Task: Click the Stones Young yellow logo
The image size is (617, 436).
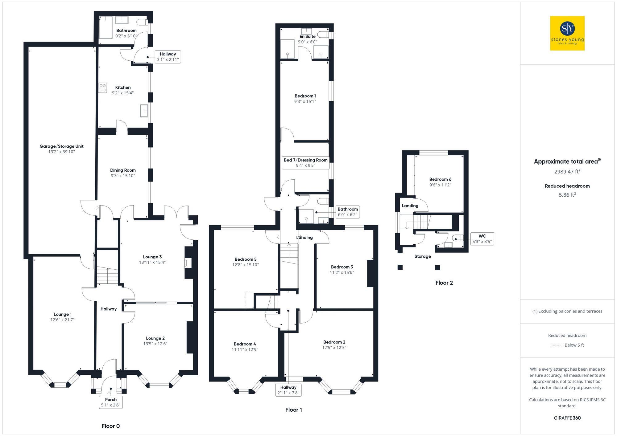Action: pyautogui.click(x=567, y=33)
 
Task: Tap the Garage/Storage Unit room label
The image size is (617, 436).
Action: pyautogui.click(x=61, y=146)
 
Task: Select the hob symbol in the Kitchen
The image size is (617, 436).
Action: pyautogui.click(x=103, y=88)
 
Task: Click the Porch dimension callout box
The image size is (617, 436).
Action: pyautogui.click(x=111, y=402)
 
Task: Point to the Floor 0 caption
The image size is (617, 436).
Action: pyautogui.click(x=110, y=426)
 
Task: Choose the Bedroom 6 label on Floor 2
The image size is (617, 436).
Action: pyautogui.click(x=440, y=179)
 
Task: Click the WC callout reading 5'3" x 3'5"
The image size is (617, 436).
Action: pyautogui.click(x=482, y=239)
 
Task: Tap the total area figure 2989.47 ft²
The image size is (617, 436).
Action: pyautogui.click(x=567, y=172)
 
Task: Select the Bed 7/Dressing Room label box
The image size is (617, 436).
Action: pyautogui.click(x=305, y=163)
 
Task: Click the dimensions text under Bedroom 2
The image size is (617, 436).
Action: pyautogui.click(x=334, y=348)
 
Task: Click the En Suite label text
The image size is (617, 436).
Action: pyautogui.click(x=307, y=36)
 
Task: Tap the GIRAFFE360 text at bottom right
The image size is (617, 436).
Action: pyautogui.click(x=567, y=418)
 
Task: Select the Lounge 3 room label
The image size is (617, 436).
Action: pyautogui.click(x=152, y=257)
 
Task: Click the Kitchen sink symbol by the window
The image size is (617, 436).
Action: pyautogui.click(x=144, y=111)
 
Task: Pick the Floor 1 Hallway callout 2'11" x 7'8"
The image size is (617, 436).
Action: pyautogui.click(x=288, y=390)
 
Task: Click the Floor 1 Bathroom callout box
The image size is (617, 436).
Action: pyautogui.click(x=347, y=212)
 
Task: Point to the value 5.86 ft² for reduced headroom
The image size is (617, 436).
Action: pyautogui.click(x=567, y=195)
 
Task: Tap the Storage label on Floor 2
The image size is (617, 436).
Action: pyautogui.click(x=422, y=256)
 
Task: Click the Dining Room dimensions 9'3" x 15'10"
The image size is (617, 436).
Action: pyautogui.click(x=123, y=176)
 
